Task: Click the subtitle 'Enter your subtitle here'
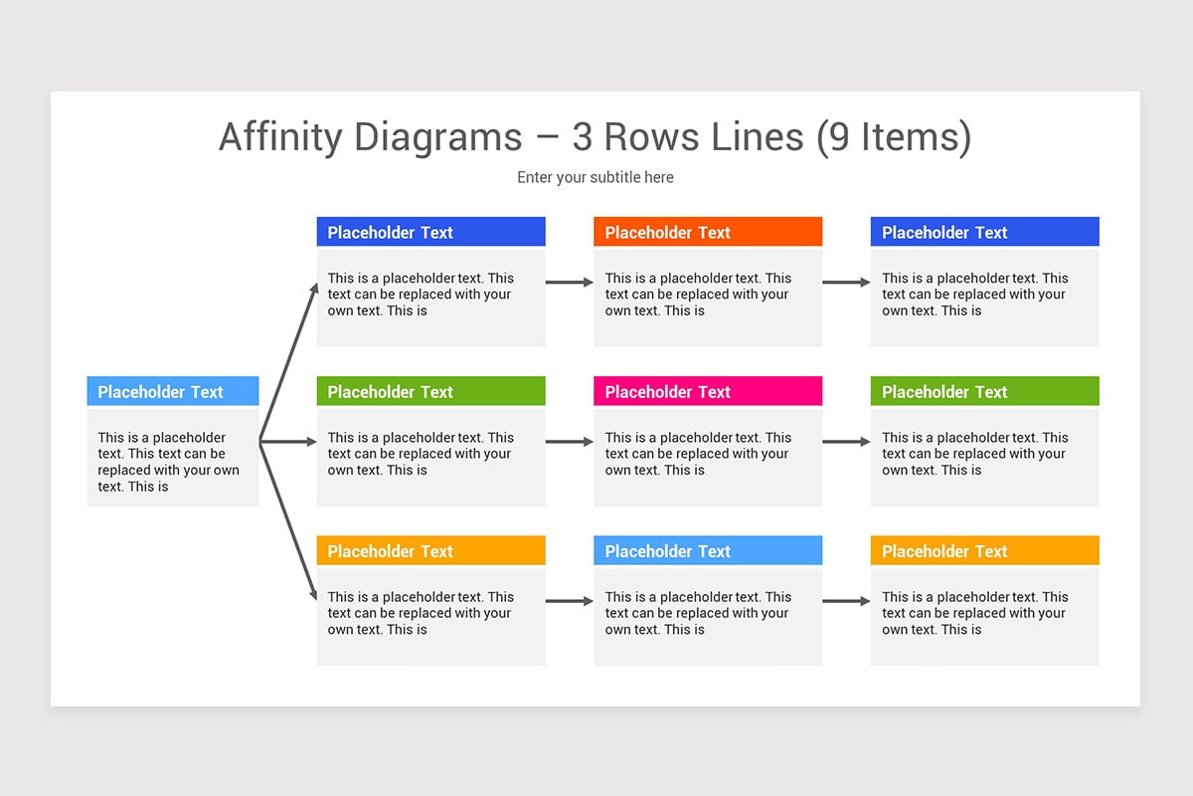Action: (x=595, y=177)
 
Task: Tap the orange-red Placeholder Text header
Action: (x=707, y=232)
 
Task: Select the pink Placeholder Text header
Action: (x=707, y=391)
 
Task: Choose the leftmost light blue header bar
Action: (x=172, y=391)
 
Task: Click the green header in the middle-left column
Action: (x=430, y=391)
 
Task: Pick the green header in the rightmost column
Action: (x=984, y=391)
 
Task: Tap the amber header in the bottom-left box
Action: (x=430, y=550)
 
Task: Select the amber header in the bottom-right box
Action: (x=984, y=550)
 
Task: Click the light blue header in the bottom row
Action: (x=707, y=550)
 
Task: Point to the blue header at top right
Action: (x=984, y=232)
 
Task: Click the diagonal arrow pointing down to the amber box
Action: (x=288, y=519)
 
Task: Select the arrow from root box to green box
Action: (x=288, y=442)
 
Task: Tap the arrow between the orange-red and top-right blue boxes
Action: (x=846, y=283)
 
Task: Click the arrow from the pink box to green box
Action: (x=846, y=442)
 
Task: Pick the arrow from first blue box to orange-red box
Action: (x=569, y=283)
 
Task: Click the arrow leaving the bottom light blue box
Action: (x=846, y=601)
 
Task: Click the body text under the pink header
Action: (x=698, y=454)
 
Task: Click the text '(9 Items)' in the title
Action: (x=893, y=136)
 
